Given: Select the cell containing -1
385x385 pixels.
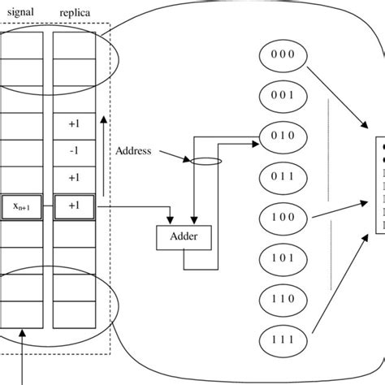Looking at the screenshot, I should click(75, 151).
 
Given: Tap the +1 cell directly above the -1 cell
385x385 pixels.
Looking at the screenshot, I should click(75, 124).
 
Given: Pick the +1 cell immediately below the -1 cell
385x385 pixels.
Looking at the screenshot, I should click(75, 177).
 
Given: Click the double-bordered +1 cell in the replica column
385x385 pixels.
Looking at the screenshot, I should click(75, 205).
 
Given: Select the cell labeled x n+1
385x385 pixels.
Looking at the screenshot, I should click(25, 205).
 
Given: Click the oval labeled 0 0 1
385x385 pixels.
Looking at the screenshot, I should click(280, 95).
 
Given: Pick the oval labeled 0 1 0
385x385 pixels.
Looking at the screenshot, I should click(280, 135).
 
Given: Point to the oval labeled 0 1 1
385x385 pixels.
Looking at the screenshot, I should click(280, 175).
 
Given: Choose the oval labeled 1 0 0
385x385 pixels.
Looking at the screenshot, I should click(280, 218).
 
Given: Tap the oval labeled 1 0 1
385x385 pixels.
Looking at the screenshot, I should click(280, 258).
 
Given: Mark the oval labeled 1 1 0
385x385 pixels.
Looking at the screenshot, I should click(280, 300).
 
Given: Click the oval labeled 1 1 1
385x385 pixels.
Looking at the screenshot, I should click(280, 340).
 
